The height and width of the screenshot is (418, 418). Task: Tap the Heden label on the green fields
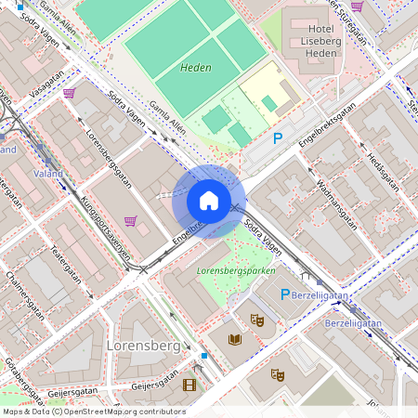[x=196, y=68]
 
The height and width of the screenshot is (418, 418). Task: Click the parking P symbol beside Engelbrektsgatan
[x=277, y=138]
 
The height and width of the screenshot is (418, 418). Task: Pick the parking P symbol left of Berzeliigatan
[x=287, y=294]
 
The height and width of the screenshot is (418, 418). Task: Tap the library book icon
[x=235, y=339]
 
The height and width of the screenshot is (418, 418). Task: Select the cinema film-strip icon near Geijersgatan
[x=190, y=385]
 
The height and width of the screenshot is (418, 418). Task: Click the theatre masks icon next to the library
[x=258, y=320]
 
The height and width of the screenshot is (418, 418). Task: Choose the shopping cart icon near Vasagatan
[x=69, y=93]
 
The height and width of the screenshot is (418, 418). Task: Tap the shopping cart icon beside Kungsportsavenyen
[x=130, y=221]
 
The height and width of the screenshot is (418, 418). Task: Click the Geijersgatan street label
[x=154, y=384]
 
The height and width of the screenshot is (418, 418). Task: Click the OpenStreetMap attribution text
[x=93, y=411]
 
